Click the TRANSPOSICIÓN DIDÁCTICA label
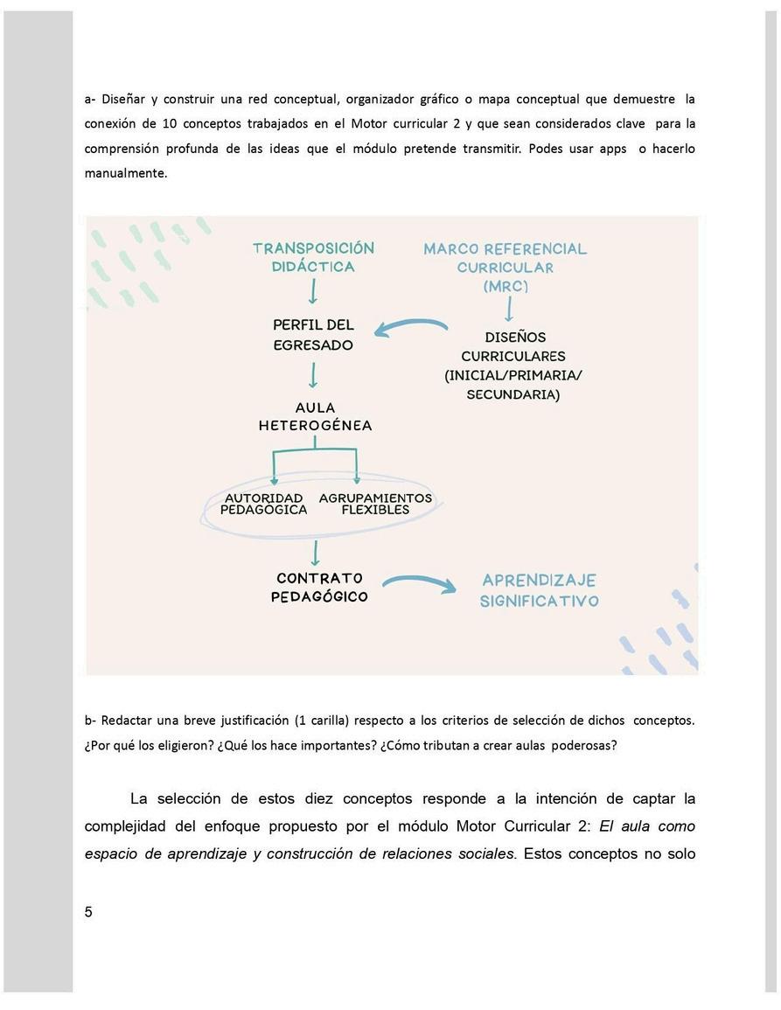[313, 257]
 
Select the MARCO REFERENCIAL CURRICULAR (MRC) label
[505, 267]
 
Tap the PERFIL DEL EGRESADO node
[313, 335]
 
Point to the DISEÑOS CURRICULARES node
[513, 365]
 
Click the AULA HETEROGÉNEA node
[315, 416]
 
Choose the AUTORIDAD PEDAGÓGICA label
[263, 504]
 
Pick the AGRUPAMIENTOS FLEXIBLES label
[375, 504]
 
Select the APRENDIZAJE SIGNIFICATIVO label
[539, 590]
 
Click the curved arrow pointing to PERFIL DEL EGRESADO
[411, 327]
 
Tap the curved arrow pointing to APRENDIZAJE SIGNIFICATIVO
[420, 582]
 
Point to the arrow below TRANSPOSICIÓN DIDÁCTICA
[313, 292]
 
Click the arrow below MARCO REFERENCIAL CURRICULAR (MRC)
[509, 309]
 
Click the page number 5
[88, 912]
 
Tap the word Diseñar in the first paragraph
[121, 99]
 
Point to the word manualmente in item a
[125, 173]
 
